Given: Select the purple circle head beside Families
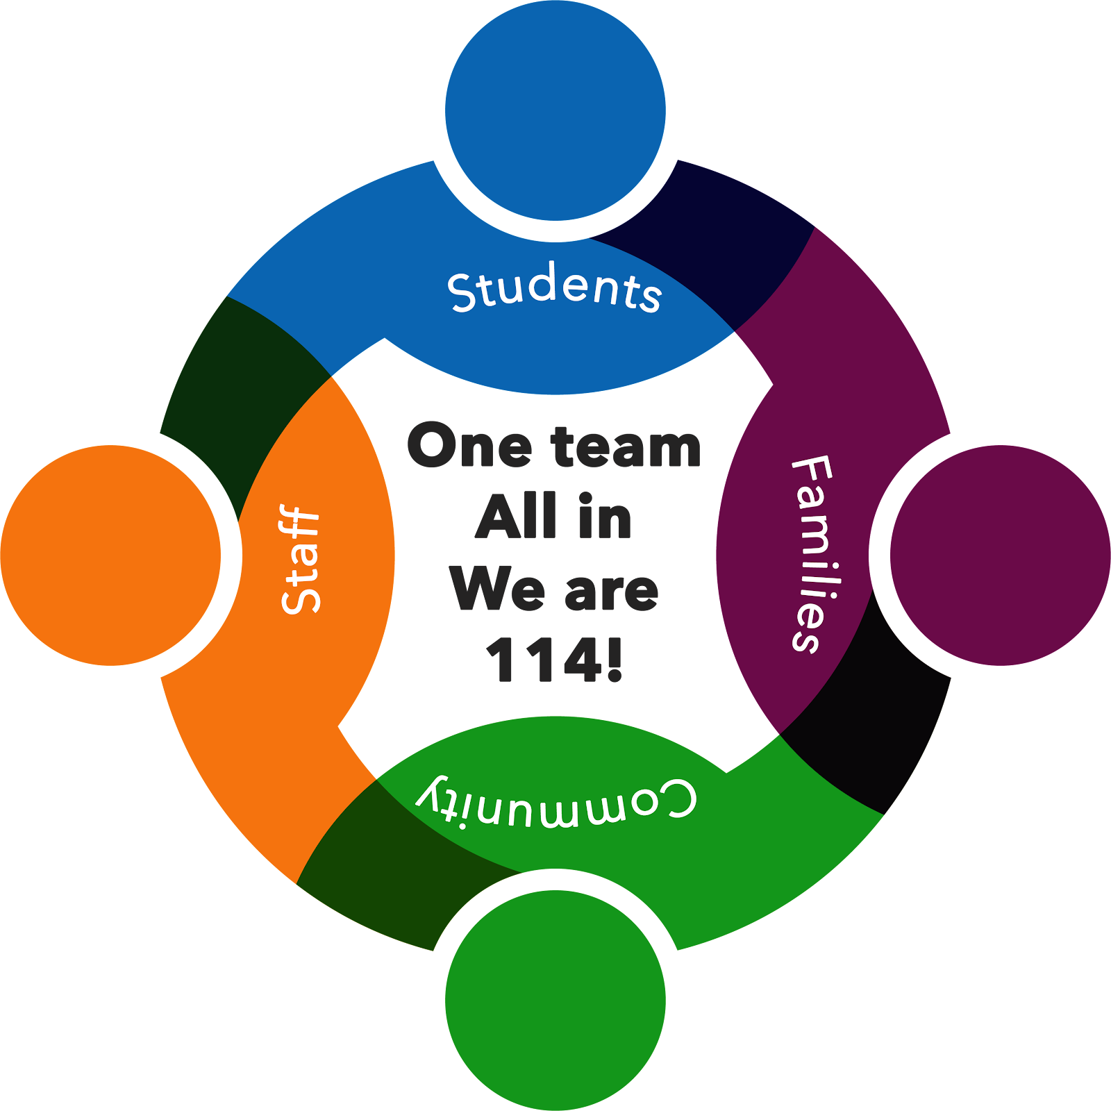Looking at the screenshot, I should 1000,555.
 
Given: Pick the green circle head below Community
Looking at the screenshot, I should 555,1000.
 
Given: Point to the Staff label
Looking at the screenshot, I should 301,560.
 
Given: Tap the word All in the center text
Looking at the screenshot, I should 516,517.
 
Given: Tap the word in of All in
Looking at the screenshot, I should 604,517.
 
